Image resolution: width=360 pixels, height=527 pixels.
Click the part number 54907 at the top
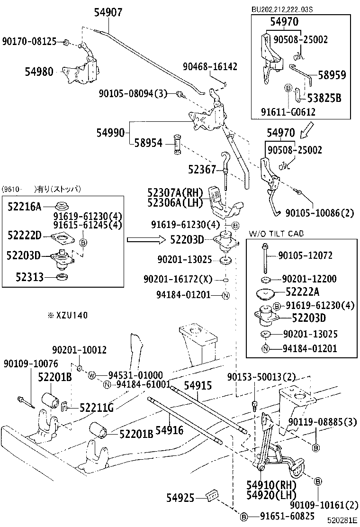point(103,12)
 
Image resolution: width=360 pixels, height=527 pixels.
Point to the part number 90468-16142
point(211,66)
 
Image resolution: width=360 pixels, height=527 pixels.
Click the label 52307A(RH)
point(175,193)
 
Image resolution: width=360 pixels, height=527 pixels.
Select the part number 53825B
point(324,98)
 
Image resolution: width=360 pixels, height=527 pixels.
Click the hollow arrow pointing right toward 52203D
point(143,240)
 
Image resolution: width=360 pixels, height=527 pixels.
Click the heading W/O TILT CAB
point(276,233)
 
